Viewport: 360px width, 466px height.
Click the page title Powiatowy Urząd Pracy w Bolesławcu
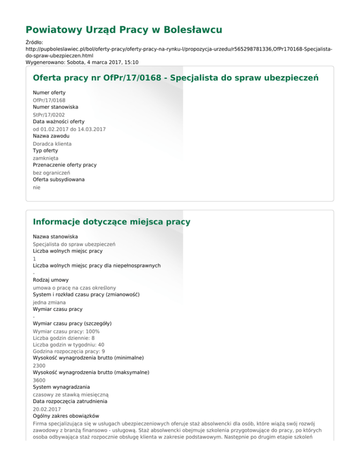pos(124,30)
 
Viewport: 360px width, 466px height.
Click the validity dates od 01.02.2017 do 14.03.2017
pos(69,128)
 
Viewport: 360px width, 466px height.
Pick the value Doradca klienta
pos(52,143)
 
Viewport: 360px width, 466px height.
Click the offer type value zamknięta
pos(45,158)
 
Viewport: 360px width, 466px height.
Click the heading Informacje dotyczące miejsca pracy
pos(112,221)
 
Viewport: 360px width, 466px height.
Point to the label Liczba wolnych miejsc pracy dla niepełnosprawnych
pos(97,265)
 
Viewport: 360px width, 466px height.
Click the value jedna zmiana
pos(49,302)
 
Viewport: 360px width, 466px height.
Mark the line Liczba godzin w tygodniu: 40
pos(68,344)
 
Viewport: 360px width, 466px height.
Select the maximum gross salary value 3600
pos(39,380)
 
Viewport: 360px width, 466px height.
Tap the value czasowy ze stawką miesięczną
pos(70,395)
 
